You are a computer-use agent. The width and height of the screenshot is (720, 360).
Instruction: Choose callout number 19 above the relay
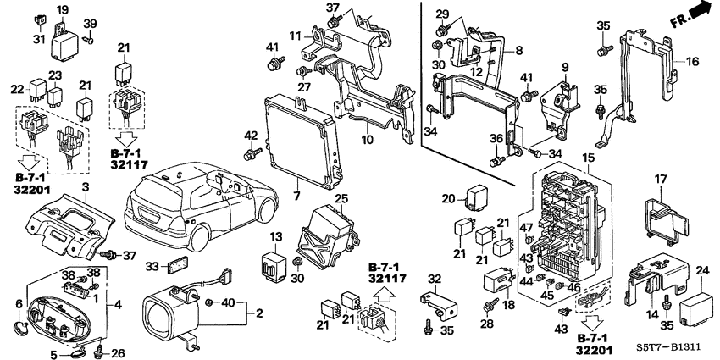(63, 9)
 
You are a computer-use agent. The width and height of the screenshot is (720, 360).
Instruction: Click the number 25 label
(341, 199)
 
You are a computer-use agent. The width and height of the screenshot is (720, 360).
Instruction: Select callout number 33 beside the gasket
(151, 267)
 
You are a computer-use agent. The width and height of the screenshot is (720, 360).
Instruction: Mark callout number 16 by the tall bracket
(692, 62)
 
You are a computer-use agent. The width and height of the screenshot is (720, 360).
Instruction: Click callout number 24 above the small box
(701, 271)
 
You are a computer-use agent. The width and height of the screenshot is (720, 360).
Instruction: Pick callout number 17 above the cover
(660, 179)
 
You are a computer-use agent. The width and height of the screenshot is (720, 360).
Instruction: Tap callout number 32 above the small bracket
(434, 279)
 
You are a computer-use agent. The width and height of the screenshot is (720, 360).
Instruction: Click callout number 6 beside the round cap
(19, 303)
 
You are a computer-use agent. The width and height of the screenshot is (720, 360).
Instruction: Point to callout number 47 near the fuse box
(525, 227)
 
